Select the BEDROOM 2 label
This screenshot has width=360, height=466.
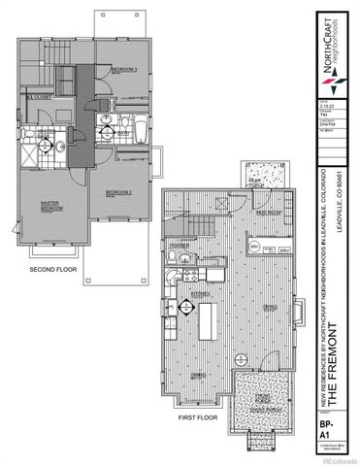[x=117, y=192]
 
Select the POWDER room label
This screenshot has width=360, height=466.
[x=179, y=245]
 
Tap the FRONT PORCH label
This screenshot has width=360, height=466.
[x=262, y=399]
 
